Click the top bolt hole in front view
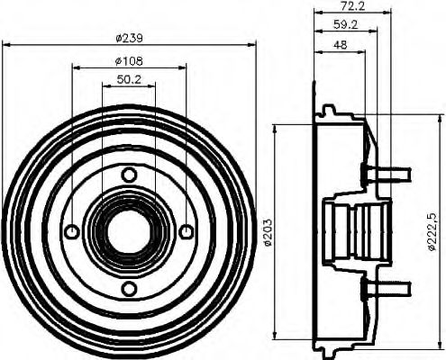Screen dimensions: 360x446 [x=129, y=175]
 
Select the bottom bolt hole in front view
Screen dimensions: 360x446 [x=129, y=288]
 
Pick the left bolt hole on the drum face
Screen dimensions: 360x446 [x=72, y=232]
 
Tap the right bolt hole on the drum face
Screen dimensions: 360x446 [x=186, y=232]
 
